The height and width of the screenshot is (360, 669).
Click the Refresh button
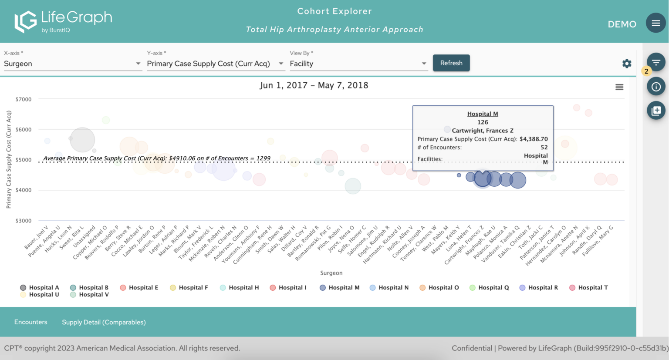point(451,63)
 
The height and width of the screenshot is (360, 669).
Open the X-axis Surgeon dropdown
point(72,64)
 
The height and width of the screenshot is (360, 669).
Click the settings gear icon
point(627,64)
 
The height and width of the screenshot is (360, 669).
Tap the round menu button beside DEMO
point(655,23)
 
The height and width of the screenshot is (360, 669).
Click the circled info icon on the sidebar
point(656,87)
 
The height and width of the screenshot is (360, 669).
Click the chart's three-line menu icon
point(619,87)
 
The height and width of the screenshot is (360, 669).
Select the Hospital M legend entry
point(340,288)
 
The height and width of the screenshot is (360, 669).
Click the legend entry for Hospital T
point(588,288)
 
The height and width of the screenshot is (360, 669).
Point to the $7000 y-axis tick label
point(24,99)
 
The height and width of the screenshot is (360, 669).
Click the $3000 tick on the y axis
point(24,221)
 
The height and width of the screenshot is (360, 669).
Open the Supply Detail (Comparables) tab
point(104,322)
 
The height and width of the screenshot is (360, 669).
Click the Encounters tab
point(30,322)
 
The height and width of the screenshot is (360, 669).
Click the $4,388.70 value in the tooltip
point(534,139)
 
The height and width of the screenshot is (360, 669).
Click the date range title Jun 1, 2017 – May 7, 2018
point(314,85)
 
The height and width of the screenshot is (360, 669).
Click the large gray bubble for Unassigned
point(82,140)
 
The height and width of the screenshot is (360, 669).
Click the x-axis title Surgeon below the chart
point(331,273)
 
